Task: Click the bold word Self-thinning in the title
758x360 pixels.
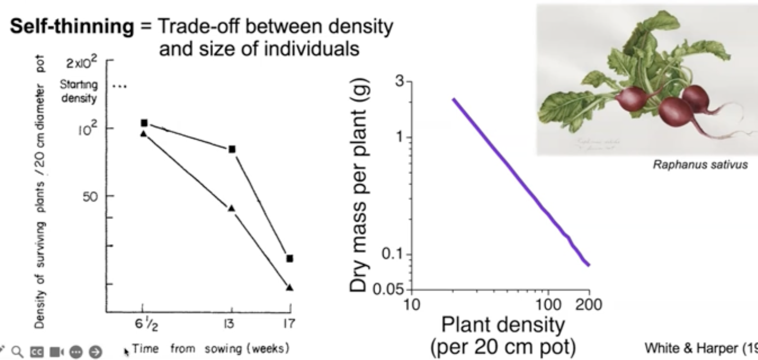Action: [x=72, y=27]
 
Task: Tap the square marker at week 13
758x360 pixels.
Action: [x=232, y=149]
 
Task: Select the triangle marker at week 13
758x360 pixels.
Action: [x=231, y=208]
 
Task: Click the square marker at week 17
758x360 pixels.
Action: [x=290, y=258]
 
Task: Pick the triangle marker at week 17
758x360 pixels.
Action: [x=290, y=287]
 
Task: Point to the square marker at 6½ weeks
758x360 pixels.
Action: [x=144, y=123]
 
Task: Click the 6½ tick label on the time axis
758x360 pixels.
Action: [x=146, y=324]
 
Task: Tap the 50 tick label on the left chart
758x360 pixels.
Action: [x=90, y=197]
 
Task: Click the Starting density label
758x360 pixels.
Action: [x=79, y=91]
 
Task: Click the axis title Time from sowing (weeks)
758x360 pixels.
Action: [x=211, y=348]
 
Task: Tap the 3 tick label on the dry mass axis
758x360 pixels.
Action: [x=399, y=81]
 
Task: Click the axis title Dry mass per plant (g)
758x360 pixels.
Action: [x=359, y=185]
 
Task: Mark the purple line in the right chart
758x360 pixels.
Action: [x=521, y=182]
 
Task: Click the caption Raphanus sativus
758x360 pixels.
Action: [x=700, y=165]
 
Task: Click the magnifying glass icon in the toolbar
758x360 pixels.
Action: [x=17, y=351]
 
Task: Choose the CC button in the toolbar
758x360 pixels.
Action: [x=37, y=352]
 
